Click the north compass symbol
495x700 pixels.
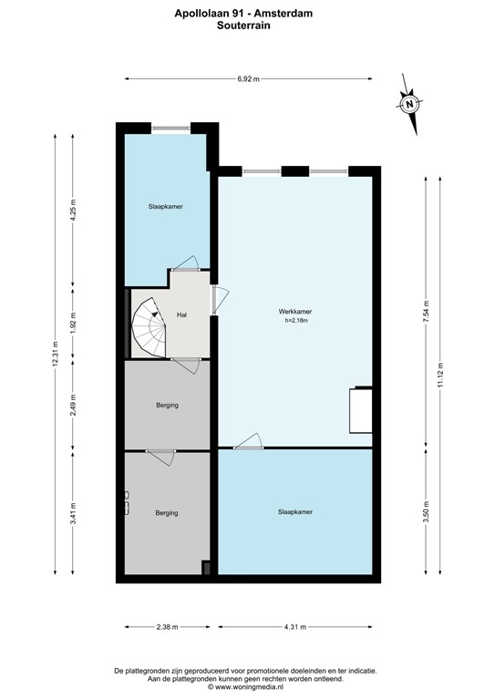point(409,103)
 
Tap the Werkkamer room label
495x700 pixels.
point(294,312)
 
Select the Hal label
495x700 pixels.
point(182,314)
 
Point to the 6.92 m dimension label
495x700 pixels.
point(248,79)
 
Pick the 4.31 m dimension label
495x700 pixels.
point(295,627)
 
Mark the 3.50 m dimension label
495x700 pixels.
point(426,511)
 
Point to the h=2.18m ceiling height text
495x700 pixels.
point(294,321)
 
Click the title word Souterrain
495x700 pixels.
point(248,26)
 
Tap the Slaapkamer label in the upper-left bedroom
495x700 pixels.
point(166,207)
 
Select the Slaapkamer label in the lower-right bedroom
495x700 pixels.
point(295,511)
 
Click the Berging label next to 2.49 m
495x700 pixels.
point(166,406)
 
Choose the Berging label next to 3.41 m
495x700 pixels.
point(166,512)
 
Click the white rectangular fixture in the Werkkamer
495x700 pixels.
point(362,410)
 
